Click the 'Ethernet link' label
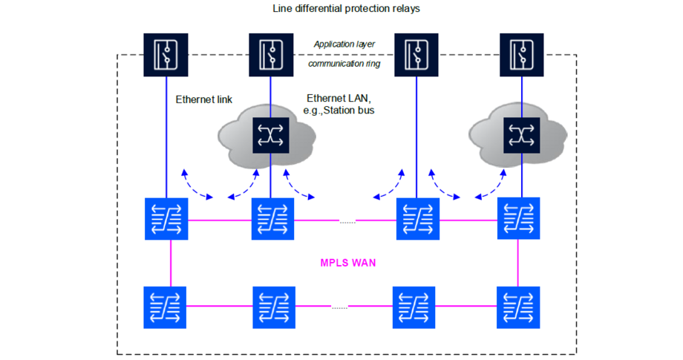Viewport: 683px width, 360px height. point(203,99)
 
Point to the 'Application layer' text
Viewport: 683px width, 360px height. point(344,45)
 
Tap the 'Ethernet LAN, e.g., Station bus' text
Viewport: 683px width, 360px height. point(339,105)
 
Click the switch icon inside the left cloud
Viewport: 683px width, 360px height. point(270,135)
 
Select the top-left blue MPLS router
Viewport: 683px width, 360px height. point(166,219)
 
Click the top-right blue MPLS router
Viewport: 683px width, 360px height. point(518,219)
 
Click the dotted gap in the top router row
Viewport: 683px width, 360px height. point(347,220)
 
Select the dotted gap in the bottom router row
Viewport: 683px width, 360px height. point(340,307)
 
